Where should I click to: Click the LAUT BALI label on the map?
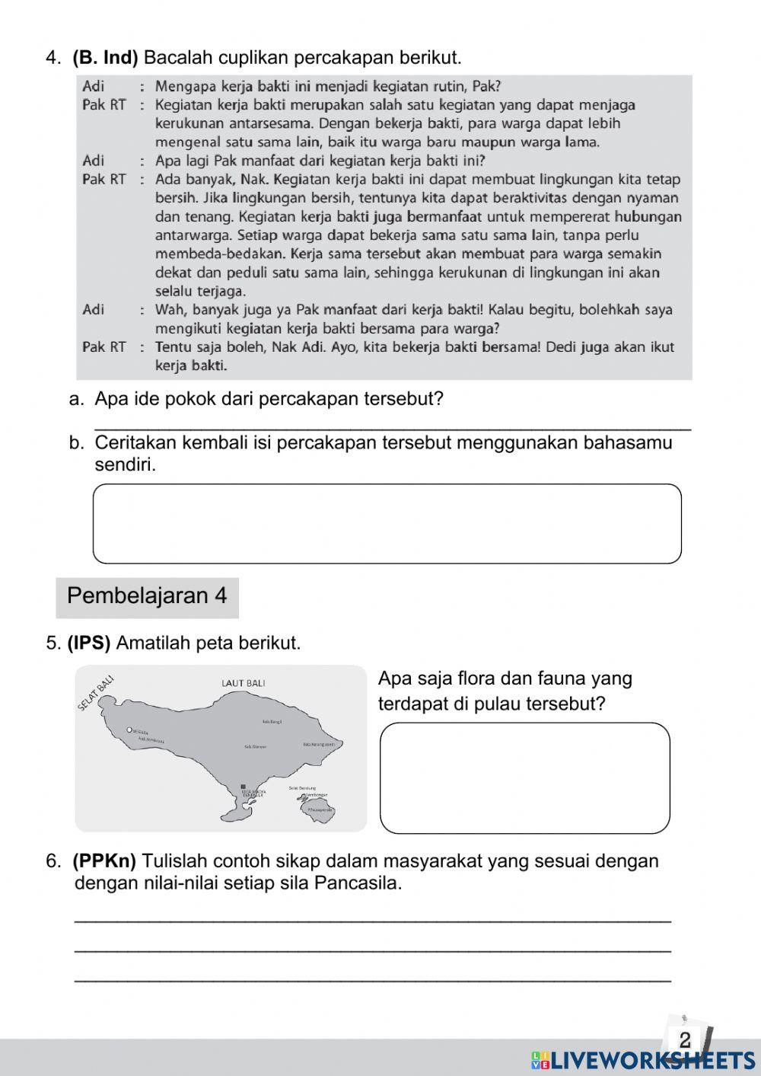click(x=244, y=683)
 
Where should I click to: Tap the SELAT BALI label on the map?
click(x=96, y=693)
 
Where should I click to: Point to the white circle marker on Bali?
click(x=130, y=730)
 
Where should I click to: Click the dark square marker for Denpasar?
click(x=243, y=787)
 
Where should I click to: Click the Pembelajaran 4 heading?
click(x=147, y=595)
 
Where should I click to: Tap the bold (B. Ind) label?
click(x=105, y=58)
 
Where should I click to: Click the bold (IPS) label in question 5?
click(x=89, y=643)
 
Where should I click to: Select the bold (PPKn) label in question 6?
click(x=104, y=861)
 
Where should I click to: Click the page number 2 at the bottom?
click(x=684, y=1039)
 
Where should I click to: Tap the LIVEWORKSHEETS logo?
click(x=643, y=1060)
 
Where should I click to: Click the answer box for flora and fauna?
click(x=524, y=777)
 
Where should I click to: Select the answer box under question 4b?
click(x=387, y=524)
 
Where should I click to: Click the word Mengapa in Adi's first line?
click(x=180, y=86)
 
